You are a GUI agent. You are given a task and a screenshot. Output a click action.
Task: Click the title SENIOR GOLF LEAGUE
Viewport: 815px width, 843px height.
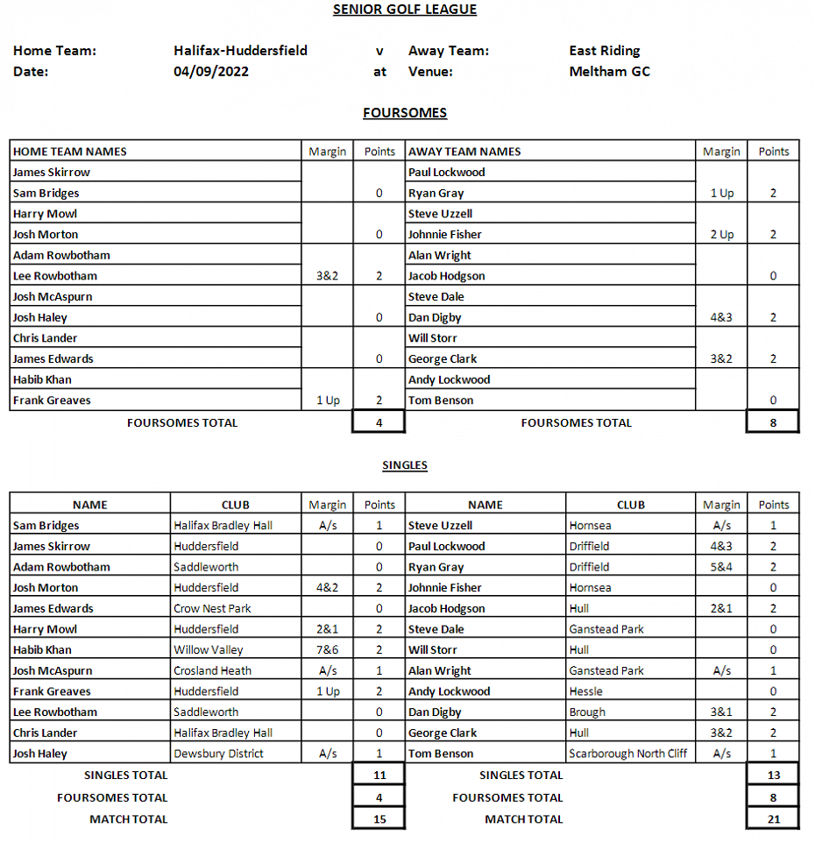[x=405, y=10]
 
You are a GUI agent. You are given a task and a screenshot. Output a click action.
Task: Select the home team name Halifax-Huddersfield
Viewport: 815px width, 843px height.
[x=240, y=51]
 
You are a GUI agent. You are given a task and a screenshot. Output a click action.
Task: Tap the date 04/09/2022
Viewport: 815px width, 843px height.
[x=211, y=72]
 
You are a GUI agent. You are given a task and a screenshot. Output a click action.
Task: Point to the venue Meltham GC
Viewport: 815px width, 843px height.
[x=609, y=72]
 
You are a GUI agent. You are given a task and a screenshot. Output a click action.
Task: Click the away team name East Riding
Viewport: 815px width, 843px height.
[x=604, y=51]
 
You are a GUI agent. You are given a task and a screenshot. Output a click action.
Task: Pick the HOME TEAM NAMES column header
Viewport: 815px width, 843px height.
[x=70, y=152]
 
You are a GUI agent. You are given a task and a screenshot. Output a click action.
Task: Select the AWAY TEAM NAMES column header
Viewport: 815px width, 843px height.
[x=464, y=152]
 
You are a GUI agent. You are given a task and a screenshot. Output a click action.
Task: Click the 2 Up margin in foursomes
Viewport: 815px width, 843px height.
[x=721, y=235]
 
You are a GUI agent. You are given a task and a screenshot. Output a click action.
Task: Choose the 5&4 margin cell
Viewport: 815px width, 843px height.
[x=721, y=567]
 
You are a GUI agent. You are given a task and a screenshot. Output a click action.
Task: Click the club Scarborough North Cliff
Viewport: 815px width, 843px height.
[x=627, y=754]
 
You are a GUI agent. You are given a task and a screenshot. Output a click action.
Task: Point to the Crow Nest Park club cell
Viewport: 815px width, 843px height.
[x=212, y=608]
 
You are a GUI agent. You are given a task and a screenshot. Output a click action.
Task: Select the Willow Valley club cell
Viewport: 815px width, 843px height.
[x=209, y=650]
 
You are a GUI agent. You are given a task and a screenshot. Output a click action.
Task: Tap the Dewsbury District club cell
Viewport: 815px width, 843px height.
[x=218, y=754]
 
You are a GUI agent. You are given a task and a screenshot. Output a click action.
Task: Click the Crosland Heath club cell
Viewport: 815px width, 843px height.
[x=212, y=671]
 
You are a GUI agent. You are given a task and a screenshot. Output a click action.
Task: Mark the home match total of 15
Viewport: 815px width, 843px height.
[x=379, y=819]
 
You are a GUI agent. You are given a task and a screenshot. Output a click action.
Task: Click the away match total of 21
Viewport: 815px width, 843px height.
[x=773, y=819]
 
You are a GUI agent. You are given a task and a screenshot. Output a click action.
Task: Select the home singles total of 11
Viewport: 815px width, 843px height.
[x=379, y=775]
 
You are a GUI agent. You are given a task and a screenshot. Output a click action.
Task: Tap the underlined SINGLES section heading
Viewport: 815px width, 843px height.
[x=405, y=465]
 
